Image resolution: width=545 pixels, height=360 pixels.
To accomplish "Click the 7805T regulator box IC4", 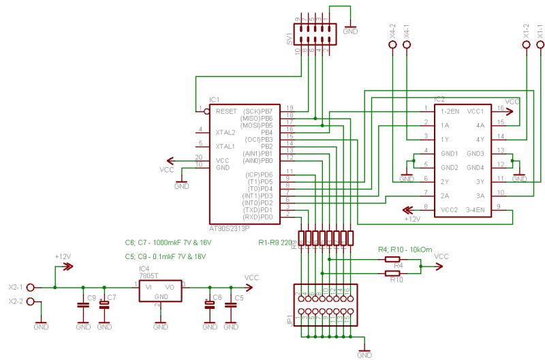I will point(160,292).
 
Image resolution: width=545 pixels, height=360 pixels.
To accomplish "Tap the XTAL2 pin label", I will point(225,132).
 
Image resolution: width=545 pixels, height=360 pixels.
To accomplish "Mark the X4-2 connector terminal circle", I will point(392,46).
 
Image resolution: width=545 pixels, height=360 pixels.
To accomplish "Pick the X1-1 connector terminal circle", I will point(540,46).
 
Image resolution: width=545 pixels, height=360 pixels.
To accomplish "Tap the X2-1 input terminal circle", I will point(31,287).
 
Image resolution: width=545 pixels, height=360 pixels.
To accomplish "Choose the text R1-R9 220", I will point(275,243).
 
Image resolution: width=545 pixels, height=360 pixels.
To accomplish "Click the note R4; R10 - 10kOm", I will point(405,250).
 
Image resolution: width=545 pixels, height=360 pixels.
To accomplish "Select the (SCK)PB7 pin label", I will point(258,110).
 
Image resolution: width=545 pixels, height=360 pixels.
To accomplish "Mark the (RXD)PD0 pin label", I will point(258,217).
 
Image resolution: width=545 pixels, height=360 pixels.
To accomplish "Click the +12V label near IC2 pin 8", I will point(413,219).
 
